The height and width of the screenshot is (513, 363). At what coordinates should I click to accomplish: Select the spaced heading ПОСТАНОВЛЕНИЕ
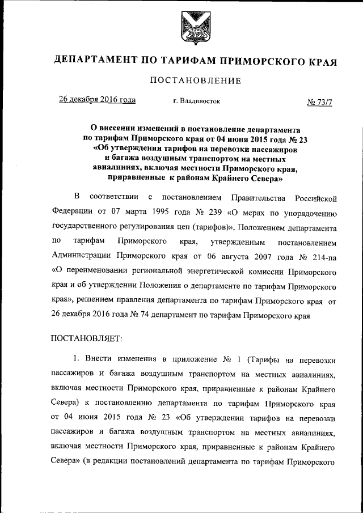[195, 81]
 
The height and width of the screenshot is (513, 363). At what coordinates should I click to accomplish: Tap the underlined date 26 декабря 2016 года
[98, 100]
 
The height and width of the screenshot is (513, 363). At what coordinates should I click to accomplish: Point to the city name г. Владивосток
[197, 101]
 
